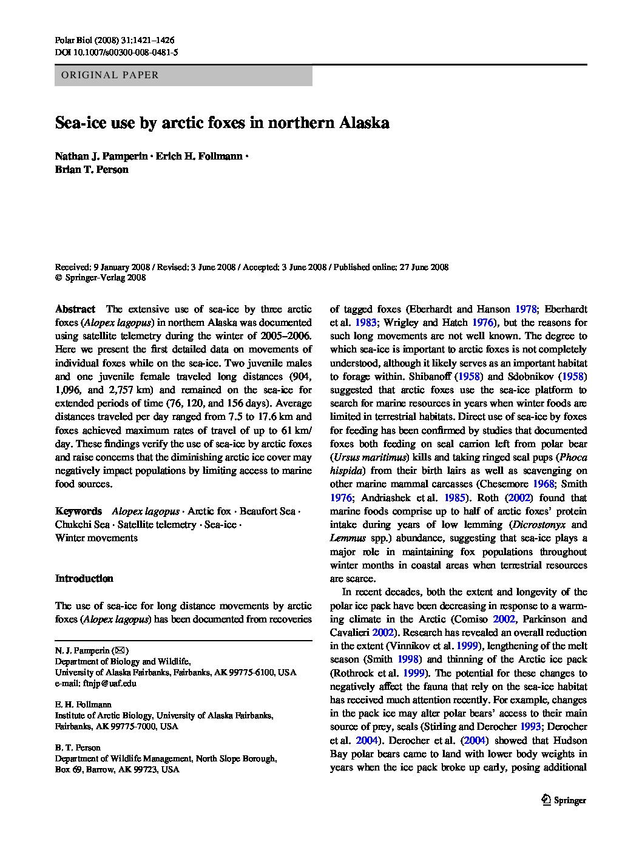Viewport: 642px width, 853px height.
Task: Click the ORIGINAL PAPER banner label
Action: [x=107, y=76]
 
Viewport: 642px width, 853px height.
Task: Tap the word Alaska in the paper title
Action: [x=363, y=123]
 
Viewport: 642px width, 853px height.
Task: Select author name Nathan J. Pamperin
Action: [x=101, y=157]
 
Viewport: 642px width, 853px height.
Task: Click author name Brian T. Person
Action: [x=92, y=170]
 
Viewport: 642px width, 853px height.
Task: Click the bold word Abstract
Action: [x=75, y=309]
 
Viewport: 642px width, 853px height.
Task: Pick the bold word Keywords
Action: [x=78, y=511]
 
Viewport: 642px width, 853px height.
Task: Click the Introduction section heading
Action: [x=84, y=578]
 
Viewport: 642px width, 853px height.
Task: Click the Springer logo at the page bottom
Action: [x=564, y=800]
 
